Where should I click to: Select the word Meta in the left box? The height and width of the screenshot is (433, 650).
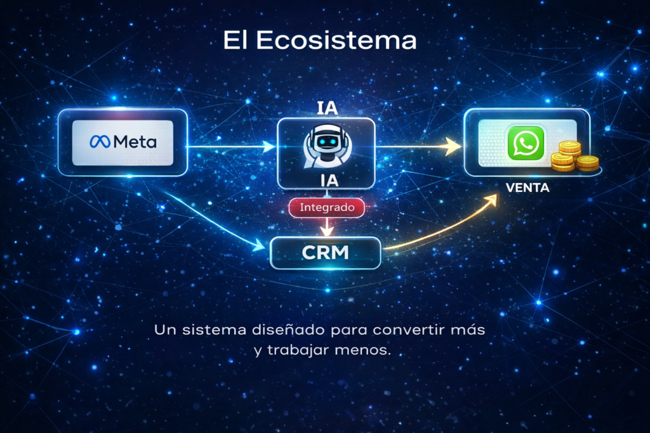click(x=134, y=143)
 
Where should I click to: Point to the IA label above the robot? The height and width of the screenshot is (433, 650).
click(x=326, y=107)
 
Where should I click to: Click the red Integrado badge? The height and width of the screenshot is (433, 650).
click(x=327, y=207)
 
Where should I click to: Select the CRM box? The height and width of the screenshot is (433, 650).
click(x=326, y=252)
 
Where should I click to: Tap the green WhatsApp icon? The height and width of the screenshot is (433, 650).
click(x=526, y=143)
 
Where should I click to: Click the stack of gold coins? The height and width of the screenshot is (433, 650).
click(x=574, y=158)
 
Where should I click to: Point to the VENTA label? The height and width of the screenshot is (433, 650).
click(x=527, y=188)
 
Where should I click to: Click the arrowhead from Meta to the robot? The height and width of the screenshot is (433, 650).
click(x=269, y=147)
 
